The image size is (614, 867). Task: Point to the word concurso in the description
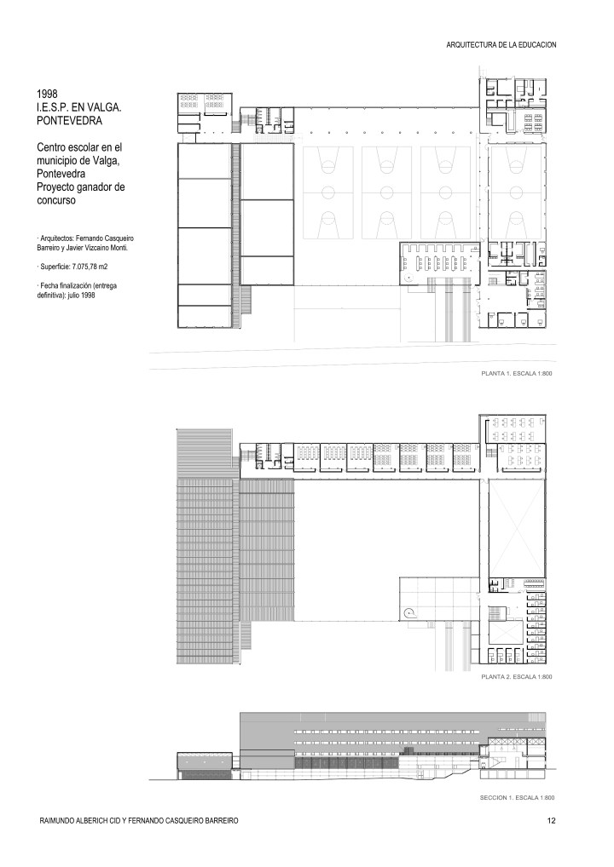[56, 203]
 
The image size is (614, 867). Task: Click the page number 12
[552, 820]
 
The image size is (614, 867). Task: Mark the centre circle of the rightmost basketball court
[515, 190]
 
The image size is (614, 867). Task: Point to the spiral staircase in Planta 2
[410, 611]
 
